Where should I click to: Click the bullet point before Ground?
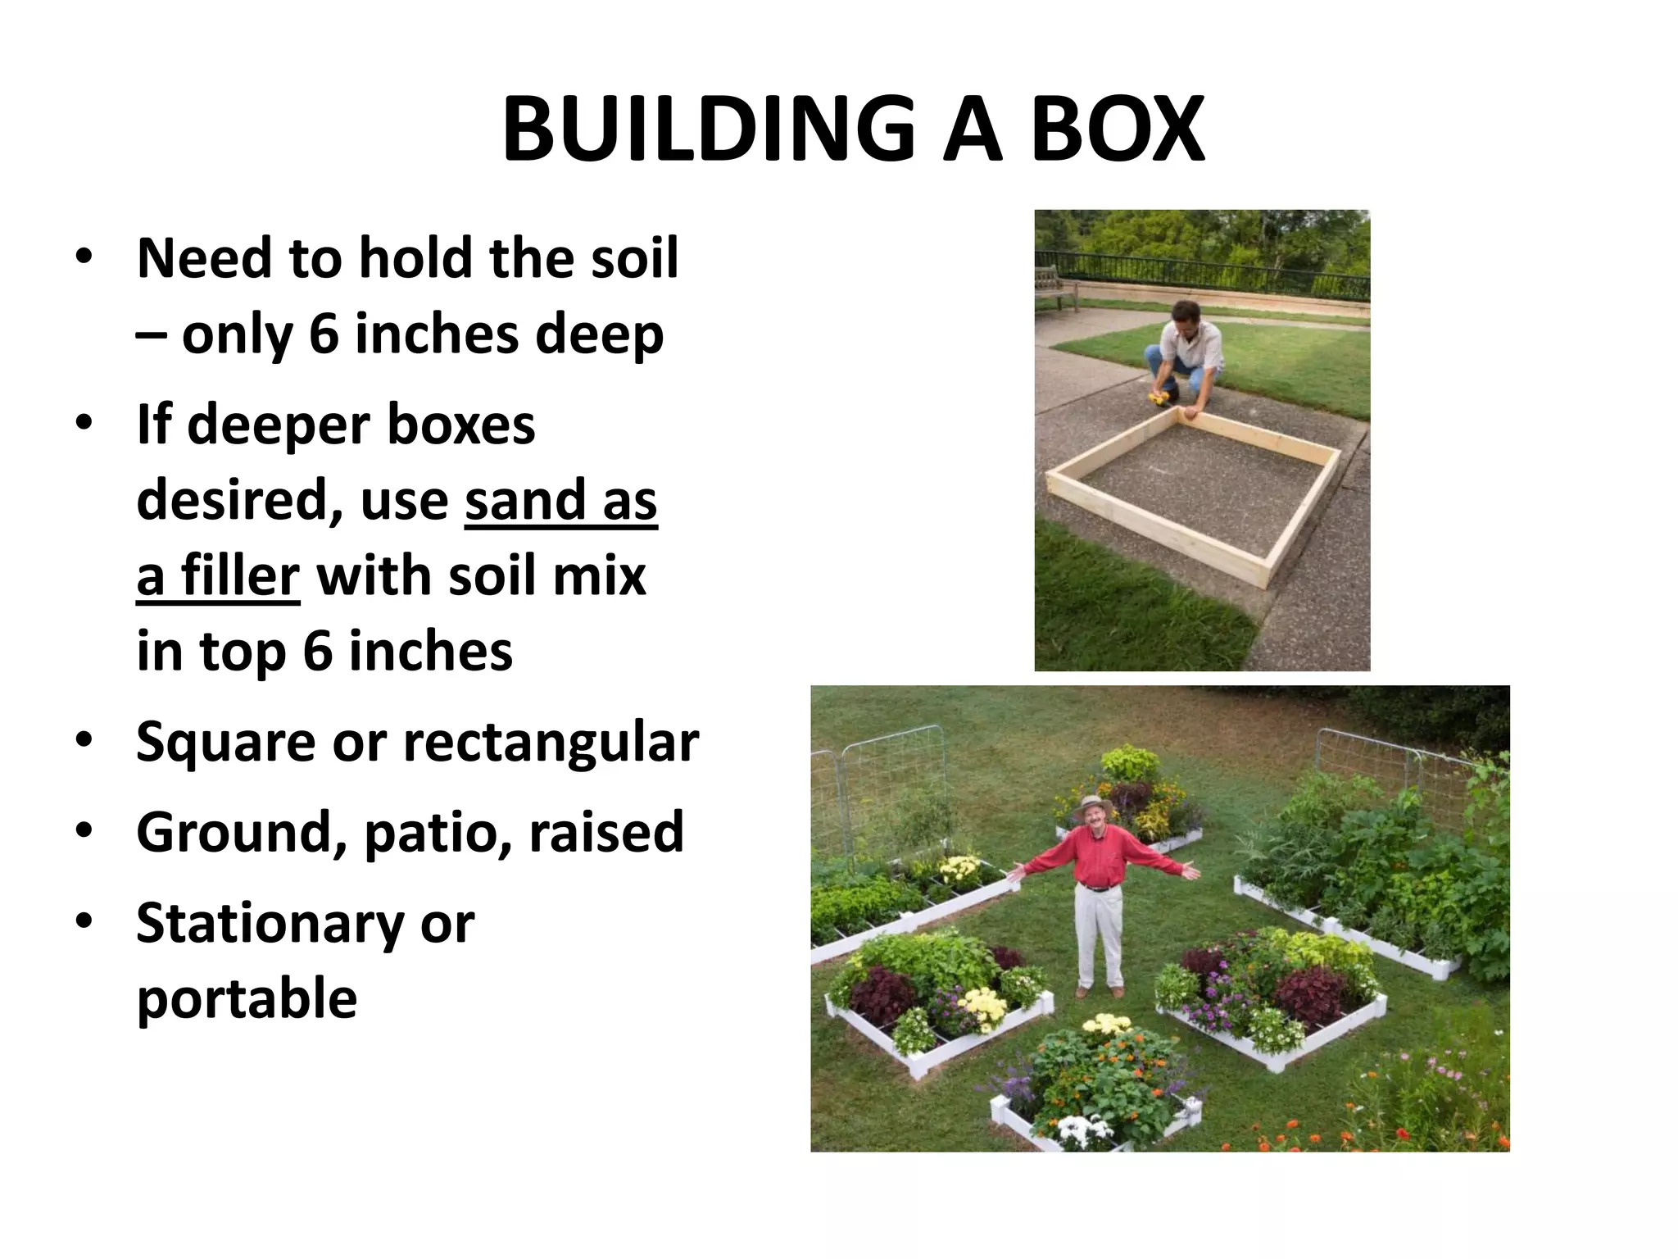point(84,832)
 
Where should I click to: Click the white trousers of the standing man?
point(1098,934)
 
